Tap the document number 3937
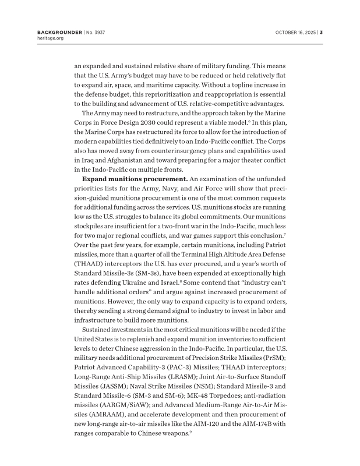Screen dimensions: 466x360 point(101,32)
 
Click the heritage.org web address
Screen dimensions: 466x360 point(50,38)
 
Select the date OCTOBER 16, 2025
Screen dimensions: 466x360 point(295,32)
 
